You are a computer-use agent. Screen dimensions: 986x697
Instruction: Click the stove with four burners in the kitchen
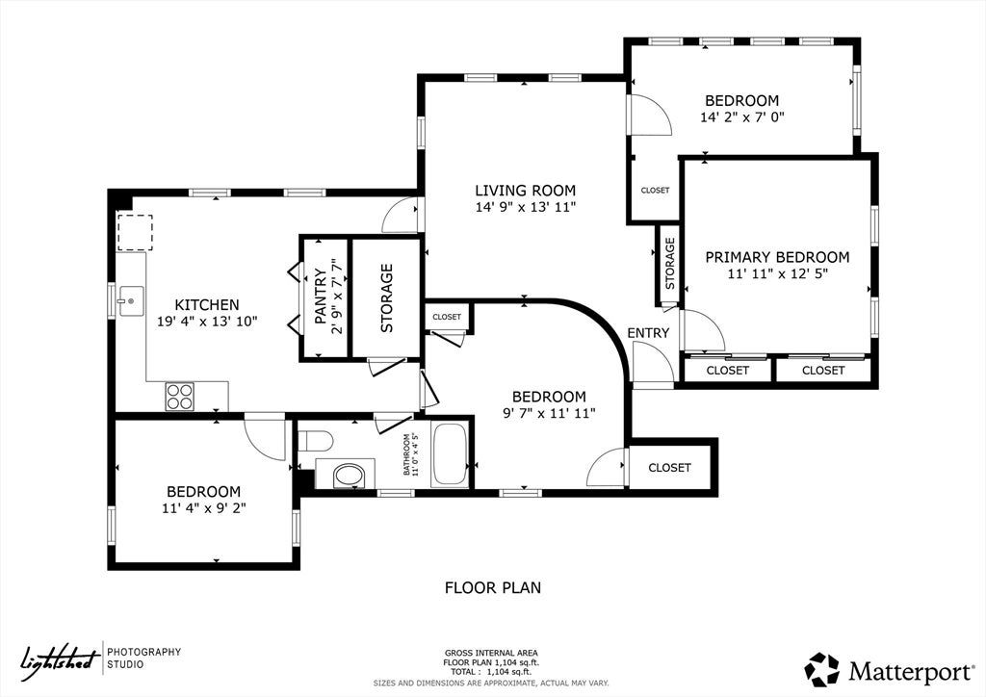pos(179,397)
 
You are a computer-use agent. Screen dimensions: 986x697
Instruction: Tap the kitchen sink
pos(130,301)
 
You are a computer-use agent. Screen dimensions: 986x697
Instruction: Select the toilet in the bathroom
pos(315,441)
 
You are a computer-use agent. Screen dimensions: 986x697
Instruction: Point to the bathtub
pos(450,455)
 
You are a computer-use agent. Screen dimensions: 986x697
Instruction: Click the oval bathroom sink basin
pos(350,476)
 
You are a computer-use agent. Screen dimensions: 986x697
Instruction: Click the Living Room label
pos(525,191)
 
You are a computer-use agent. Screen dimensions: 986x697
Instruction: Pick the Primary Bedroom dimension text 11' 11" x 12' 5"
pos(777,274)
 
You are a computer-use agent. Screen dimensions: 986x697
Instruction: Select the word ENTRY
pos(648,333)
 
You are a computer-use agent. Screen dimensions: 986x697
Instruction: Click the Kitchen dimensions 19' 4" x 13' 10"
pos(207,322)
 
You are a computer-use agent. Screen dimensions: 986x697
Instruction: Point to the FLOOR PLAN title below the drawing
pos(493,587)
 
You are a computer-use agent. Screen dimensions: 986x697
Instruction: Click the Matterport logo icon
pos(822,670)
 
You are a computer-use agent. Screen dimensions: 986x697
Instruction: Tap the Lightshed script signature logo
pos(61,659)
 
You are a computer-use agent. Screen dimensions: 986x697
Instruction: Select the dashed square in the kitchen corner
pos(135,233)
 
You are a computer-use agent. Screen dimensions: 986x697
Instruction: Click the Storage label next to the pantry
pos(387,297)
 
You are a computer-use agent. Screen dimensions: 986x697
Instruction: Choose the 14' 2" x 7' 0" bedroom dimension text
pos(742,116)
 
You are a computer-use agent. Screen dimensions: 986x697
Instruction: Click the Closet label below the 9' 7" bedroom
pos(670,468)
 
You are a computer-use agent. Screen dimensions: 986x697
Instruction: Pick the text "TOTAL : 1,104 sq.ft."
pos(491,672)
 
